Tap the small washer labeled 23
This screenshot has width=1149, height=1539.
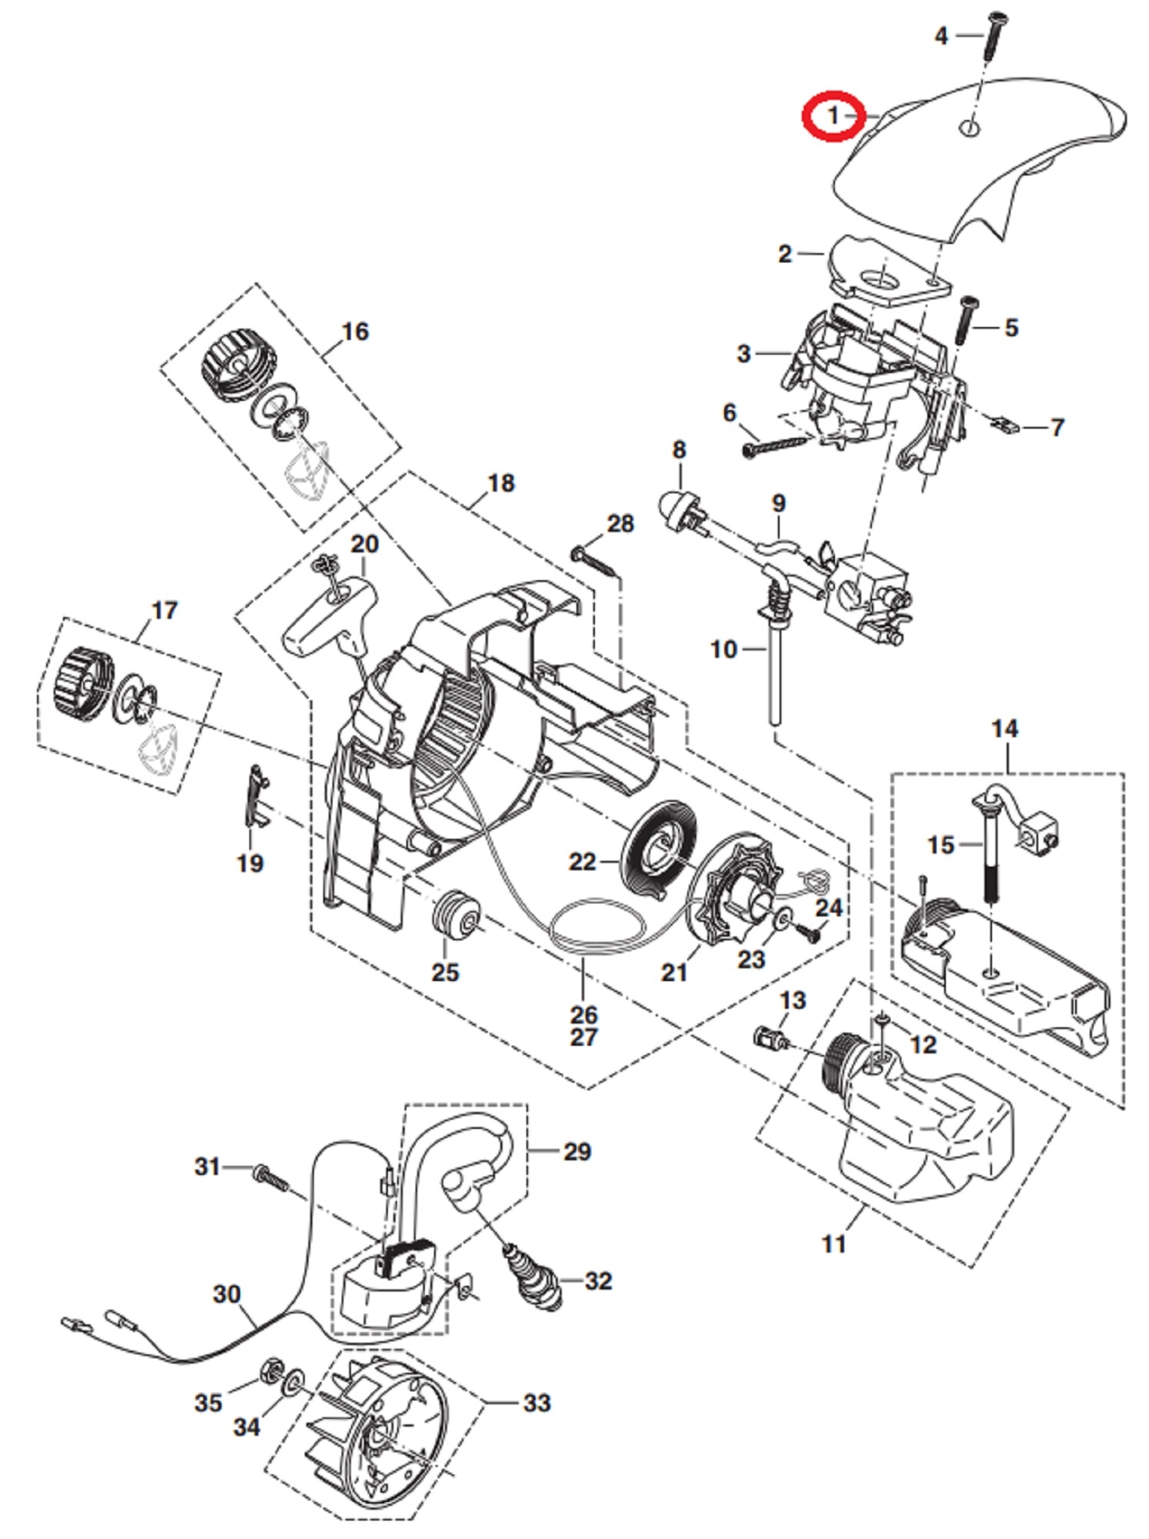(782, 920)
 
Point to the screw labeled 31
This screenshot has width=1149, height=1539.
(269, 1175)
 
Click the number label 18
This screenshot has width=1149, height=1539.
(501, 483)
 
